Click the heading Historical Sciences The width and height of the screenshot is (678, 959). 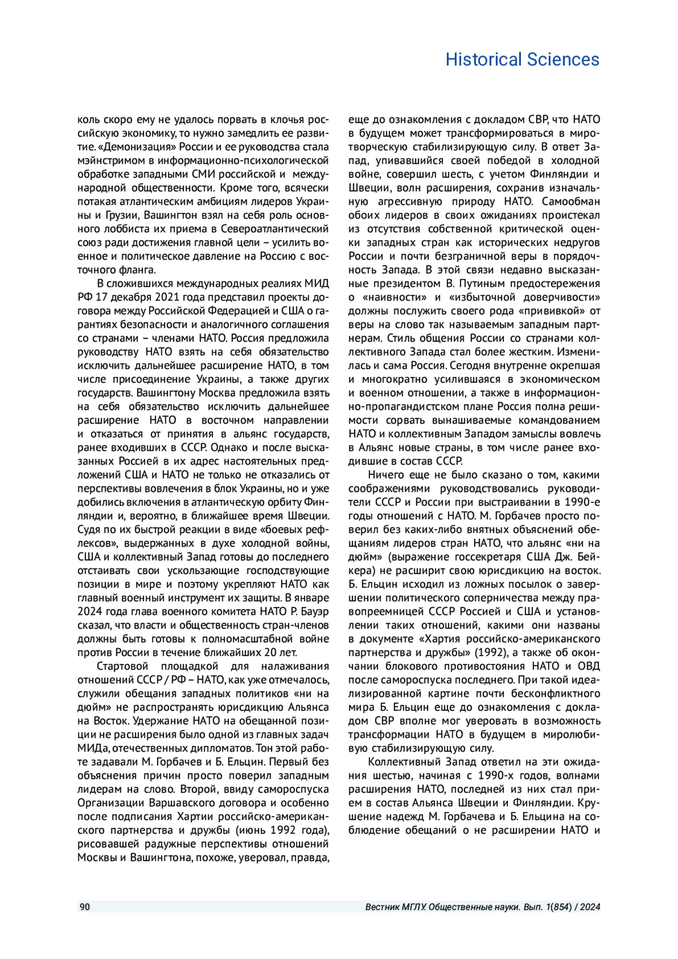(x=522, y=59)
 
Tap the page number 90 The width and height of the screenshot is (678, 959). (x=84, y=907)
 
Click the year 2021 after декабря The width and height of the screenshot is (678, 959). (x=164, y=297)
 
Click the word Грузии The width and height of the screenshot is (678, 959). (x=117, y=215)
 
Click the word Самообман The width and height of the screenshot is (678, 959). (x=571, y=202)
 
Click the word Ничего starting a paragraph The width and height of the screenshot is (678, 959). (x=388, y=475)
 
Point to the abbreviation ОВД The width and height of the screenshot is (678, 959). (x=590, y=666)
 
